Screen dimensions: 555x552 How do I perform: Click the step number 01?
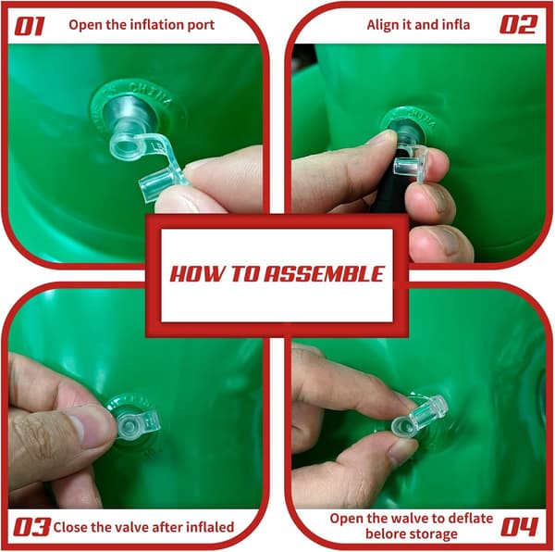[30, 26]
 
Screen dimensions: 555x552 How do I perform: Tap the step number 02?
[519, 24]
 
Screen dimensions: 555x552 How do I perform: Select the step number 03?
[31, 527]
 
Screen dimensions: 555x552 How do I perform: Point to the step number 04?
[519, 527]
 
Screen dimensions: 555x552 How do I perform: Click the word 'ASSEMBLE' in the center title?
[325, 274]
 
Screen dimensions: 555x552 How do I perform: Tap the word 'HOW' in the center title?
[198, 274]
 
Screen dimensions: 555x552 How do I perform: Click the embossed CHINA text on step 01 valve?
[150, 94]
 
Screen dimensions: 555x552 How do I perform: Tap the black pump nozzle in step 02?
[390, 184]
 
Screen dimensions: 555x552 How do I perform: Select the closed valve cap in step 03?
[137, 424]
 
